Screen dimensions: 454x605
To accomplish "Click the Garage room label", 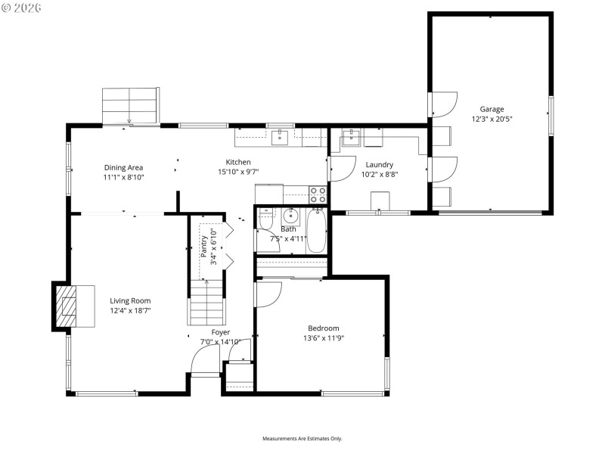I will click(492, 109).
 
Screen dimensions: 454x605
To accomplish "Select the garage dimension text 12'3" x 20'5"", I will click(492, 119).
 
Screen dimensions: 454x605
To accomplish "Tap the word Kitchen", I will click(238, 162).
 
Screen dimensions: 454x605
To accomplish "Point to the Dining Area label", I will click(123, 168).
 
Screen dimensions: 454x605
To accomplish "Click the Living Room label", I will click(130, 300).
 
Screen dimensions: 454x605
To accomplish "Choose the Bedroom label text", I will click(323, 328).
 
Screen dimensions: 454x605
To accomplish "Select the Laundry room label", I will click(379, 165).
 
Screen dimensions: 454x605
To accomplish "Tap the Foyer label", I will click(220, 332).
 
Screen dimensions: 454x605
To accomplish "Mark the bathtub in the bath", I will click(316, 232).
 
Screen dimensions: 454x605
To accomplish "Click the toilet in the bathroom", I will click(265, 220).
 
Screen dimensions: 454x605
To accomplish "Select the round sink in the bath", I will click(291, 214).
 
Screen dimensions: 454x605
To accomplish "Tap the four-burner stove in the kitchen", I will click(318, 194).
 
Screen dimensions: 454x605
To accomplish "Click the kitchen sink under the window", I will click(281, 136).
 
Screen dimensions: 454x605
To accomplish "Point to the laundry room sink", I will click(351, 138).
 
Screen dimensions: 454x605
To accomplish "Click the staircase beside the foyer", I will click(206, 301).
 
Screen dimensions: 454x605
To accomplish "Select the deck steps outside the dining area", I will click(130, 104).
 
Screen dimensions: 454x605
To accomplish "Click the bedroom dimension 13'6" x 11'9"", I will click(323, 338).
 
